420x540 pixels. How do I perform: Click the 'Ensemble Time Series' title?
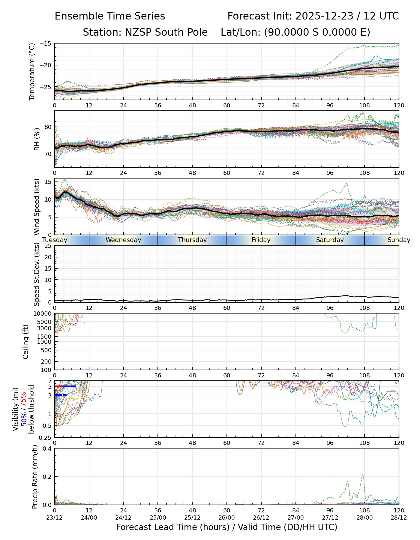(x=110, y=16)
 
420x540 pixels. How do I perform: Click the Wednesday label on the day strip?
(x=123, y=240)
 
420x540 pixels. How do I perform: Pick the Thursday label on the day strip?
(x=192, y=240)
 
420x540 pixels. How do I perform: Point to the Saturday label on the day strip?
(x=330, y=240)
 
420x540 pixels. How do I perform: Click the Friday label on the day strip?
(x=261, y=240)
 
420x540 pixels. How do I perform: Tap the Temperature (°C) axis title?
(x=32, y=71)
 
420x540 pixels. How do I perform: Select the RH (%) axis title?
(x=37, y=139)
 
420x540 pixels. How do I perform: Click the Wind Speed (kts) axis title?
(x=37, y=207)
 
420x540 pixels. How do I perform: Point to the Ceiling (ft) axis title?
(x=26, y=342)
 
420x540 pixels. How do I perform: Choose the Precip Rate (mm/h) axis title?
(x=35, y=477)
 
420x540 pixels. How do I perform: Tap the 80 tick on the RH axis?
(x=48, y=127)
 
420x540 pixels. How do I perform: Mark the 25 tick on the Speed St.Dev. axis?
(x=48, y=246)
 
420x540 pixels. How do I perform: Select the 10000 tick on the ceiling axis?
(x=43, y=314)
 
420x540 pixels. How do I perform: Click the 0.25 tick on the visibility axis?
(x=45, y=437)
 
